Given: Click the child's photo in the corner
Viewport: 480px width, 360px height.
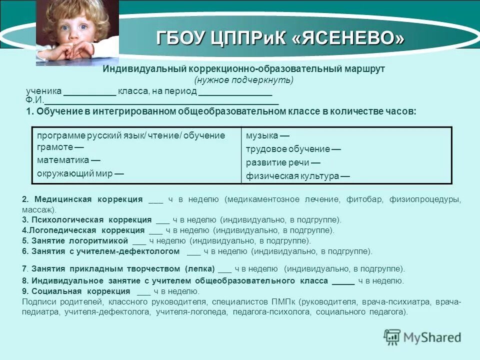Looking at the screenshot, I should [77, 33].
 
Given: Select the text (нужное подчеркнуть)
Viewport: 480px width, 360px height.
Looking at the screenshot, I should [243, 80].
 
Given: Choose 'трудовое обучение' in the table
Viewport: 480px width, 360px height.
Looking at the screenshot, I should [287, 149].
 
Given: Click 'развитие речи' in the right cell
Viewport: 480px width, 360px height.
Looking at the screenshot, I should [276, 162].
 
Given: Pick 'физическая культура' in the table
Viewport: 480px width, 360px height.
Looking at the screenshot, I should [292, 176].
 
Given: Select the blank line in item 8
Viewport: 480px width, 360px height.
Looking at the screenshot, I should [343, 281].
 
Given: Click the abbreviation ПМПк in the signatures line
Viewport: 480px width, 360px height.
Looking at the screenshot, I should [284, 302].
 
